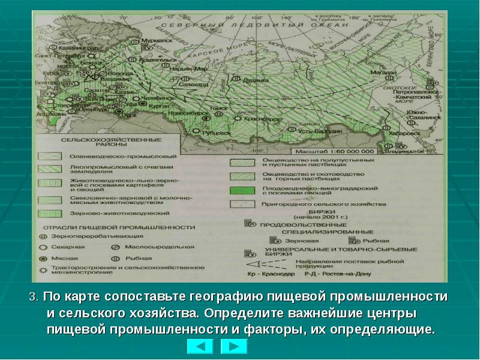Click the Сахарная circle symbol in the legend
point(43,247)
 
